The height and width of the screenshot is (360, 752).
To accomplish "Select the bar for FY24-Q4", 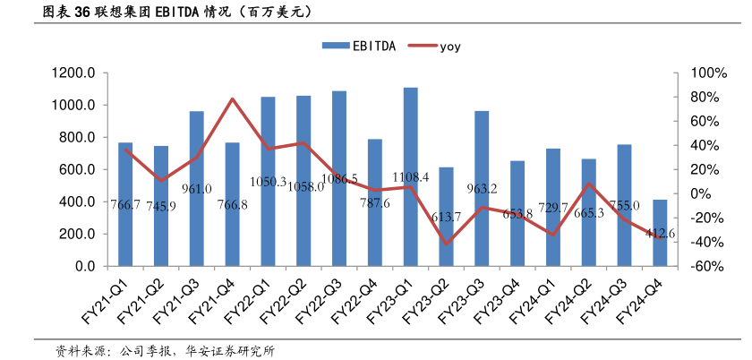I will (660, 233).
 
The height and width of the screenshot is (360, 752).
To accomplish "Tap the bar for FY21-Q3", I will (196, 188).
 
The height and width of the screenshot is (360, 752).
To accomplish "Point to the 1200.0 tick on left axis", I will (74, 73).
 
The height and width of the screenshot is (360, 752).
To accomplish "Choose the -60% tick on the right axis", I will (691, 267).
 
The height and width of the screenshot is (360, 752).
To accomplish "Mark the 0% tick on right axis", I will (687, 194).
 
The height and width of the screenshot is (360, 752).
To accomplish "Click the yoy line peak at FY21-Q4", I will (232, 99).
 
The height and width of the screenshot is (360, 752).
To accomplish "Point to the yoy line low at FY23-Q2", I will (446, 244).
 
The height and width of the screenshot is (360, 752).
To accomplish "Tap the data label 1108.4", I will (410, 177).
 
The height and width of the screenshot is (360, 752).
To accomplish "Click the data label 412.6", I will (660, 234).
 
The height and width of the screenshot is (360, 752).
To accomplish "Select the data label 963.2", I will (482, 189).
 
